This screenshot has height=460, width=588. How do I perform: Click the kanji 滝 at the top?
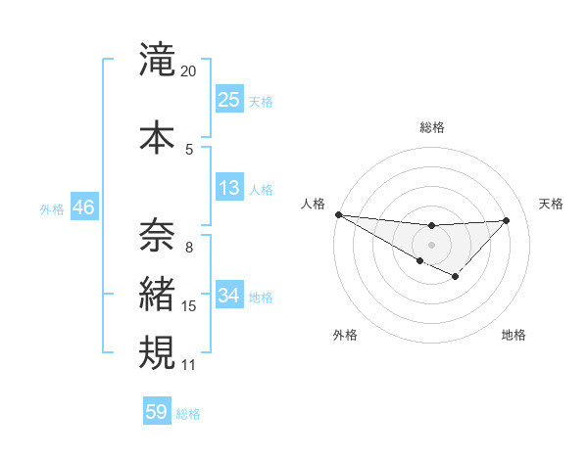[157, 61]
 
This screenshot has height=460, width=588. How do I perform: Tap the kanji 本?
[157, 137]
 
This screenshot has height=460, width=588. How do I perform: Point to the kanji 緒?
[157, 295]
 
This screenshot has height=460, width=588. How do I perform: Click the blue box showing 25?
[229, 100]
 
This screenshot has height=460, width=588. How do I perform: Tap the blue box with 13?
[229, 188]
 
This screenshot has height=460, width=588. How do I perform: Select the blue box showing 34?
[229, 296]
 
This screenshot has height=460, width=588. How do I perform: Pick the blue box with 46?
[82, 207]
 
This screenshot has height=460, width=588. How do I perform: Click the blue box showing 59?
[157, 412]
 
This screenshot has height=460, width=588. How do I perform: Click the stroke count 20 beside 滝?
[189, 71]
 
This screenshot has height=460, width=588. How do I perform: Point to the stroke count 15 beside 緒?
[189, 306]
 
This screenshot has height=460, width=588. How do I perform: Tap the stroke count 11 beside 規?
[189, 364]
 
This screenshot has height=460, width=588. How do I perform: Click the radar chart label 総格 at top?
[432, 127]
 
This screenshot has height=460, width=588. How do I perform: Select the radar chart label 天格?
[552, 204]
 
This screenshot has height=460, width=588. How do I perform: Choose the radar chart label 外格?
[345, 335]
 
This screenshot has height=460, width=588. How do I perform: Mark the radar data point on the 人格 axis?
[338, 214]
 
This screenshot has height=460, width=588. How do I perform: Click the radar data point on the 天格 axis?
[506, 220]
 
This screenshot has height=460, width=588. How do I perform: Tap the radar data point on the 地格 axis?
[455, 278]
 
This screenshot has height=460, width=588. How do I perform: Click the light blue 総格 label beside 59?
[188, 413]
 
